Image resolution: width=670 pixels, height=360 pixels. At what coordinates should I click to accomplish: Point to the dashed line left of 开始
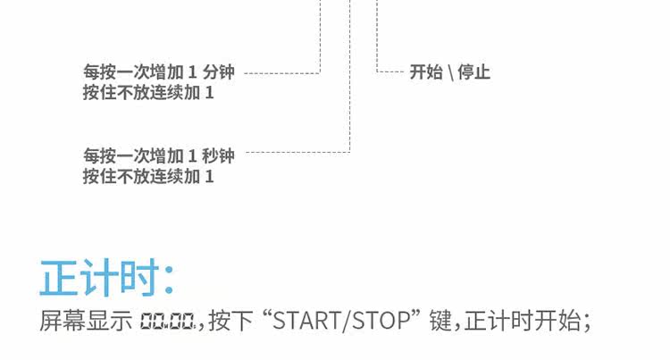[390, 71]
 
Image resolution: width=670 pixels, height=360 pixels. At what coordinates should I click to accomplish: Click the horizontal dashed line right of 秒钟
[295, 152]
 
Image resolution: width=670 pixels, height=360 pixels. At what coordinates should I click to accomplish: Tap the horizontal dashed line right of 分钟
[281, 71]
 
